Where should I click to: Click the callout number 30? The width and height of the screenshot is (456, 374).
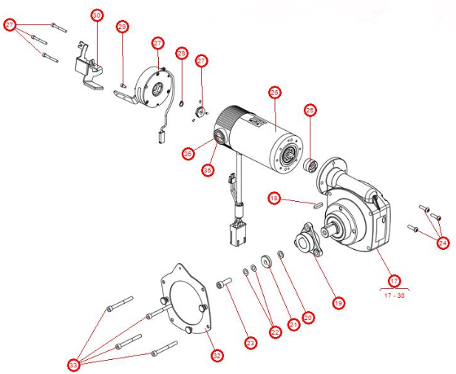pyautogui.click(x=97, y=15)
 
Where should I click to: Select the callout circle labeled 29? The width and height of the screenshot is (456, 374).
pyautogui.click(x=123, y=27)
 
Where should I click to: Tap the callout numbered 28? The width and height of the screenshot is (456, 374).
pyautogui.click(x=182, y=53)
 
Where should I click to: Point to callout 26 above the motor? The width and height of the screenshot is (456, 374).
pyautogui.click(x=274, y=93)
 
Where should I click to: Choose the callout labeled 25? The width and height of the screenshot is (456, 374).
pyautogui.click(x=310, y=110)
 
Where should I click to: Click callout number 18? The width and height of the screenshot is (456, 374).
pyautogui.click(x=274, y=198)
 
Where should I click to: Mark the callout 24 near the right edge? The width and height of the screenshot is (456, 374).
pyautogui.click(x=442, y=242)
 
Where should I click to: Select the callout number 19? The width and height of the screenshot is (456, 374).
pyautogui.click(x=338, y=302)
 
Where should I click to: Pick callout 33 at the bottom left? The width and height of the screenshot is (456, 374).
pyautogui.click(x=73, y=365)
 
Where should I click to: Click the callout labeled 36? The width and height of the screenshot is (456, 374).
pyautogui.click(x=207, y=169)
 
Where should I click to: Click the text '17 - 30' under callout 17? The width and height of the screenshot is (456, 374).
pyautogui.click(x=393, y=294)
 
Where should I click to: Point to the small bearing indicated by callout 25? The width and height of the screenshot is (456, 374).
pyautogui.click(x=311, y=163)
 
